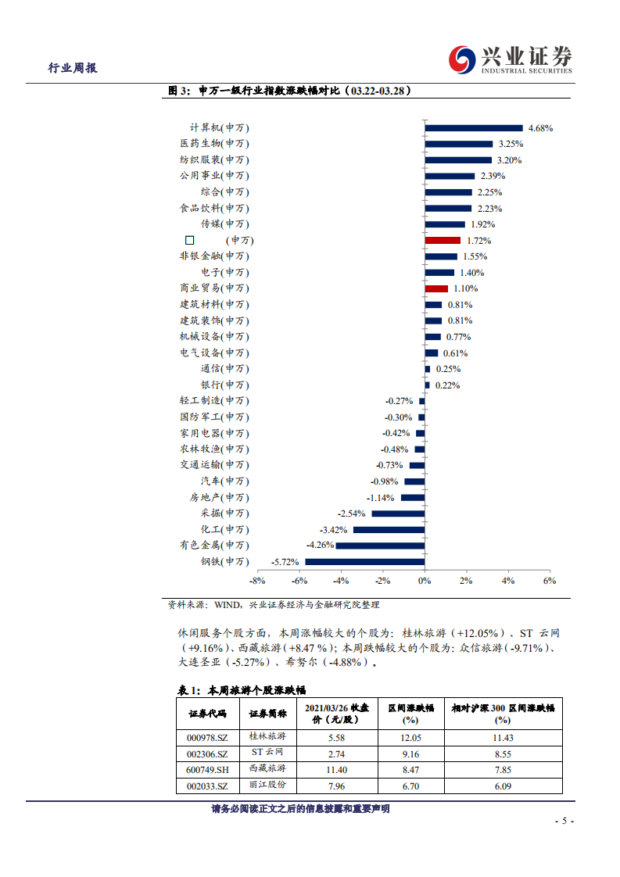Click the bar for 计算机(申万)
click(x=473, y=127)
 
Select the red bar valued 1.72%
click(x=443, y=240)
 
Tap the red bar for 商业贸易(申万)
click(x=436, y=288)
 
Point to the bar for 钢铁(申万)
click(x=364, y=561)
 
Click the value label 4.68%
click(x=541, y=127)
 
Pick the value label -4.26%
click(x=320, y=545)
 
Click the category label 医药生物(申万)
click(x=214, y=144)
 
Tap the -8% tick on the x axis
click(x=257, y=581)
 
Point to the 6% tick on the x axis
click(x=549, y=581)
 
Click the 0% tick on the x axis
click(x=424, y=581)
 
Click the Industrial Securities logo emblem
click(x=462, y=59)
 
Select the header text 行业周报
click(x=73, y=68)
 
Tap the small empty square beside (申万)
click(x=189, y=241)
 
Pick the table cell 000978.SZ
click(x=208, y=737)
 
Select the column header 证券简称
click(x=268, y=713)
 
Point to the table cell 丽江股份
click(x=268, y=786)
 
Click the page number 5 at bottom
click(x=564, y=822)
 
